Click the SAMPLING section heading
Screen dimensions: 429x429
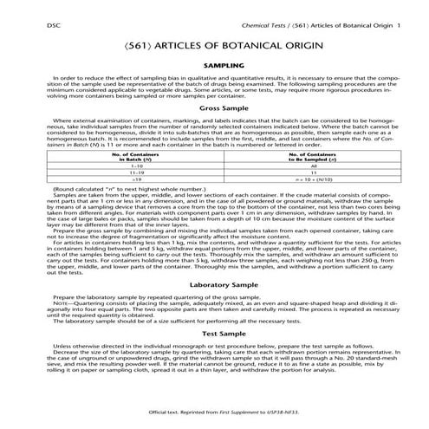[x=214, y=65]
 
